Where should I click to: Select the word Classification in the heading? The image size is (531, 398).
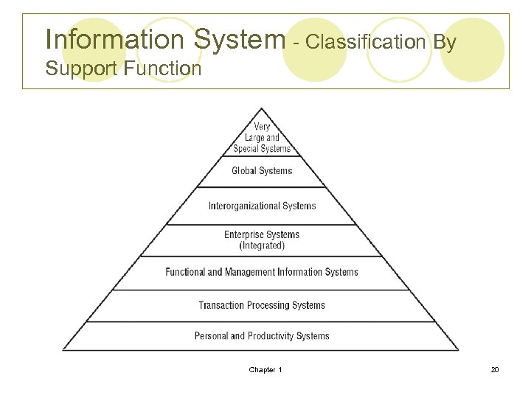coord(365,42)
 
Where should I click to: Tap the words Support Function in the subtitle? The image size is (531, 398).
coord(123,69)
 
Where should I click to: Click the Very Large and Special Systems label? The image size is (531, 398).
coord(262,138)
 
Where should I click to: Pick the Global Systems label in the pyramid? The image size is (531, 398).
coord(262,171)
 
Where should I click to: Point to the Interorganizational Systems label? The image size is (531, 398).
coord(262,206)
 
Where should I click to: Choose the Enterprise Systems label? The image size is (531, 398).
coord(262,234)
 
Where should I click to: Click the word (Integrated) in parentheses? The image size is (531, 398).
coord(262,245)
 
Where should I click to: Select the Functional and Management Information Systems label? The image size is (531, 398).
coord(262,272)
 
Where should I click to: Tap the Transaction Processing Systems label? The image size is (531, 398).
coord(262,305)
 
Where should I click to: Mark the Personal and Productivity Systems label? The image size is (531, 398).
coord(262,336)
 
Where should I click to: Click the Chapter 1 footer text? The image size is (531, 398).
coord(265,369)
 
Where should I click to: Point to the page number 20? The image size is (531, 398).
coord(495,369)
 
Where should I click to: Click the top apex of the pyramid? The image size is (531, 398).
coord(262,109)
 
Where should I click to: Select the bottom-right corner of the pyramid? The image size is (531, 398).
coord(458,349)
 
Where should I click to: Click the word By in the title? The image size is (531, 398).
coord(445,42)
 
